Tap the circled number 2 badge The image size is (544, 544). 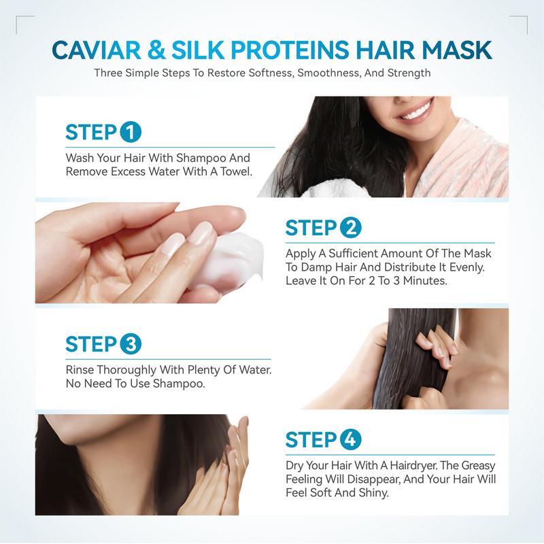click(350, 227)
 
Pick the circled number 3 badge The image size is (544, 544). click(129, 344)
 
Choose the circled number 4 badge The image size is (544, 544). click(350, 439)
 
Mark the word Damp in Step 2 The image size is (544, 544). click(313, 266)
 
